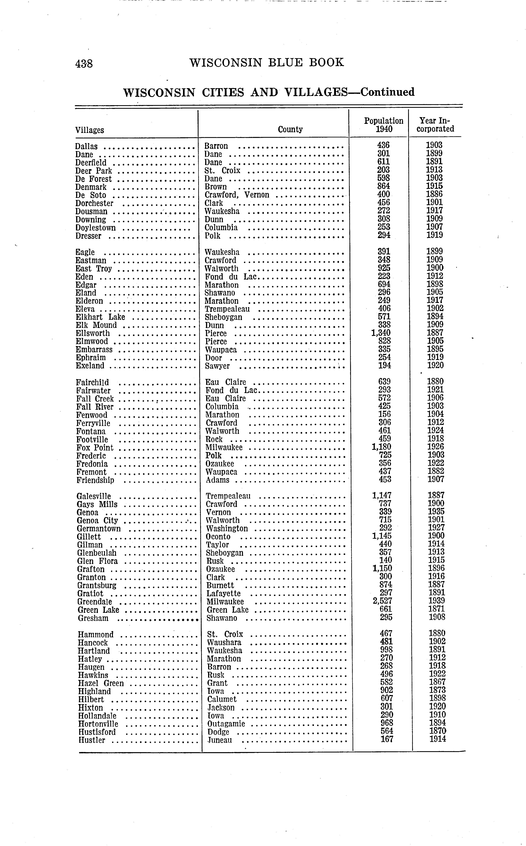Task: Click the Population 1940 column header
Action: click(x=384, y=125)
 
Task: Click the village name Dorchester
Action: click(x=94, y=203)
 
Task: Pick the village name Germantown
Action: click(x=99, y=529)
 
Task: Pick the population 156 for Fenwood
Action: click(x=385, y=414)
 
